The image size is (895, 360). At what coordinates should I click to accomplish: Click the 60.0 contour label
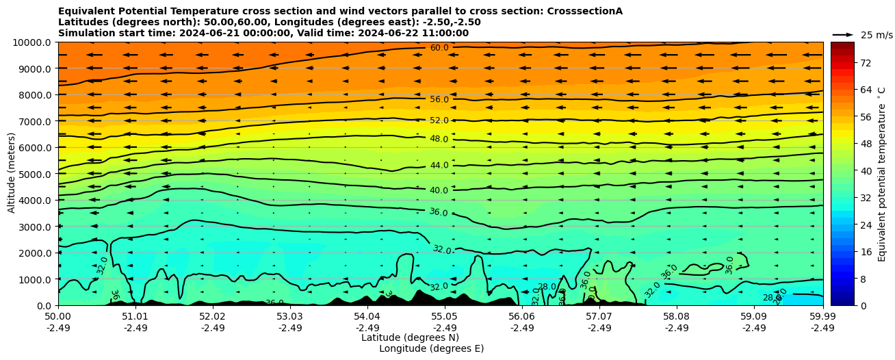pos(439,48)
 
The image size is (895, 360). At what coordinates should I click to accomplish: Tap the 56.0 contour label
pos(439,100)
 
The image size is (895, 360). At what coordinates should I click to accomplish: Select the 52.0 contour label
pos(439,120)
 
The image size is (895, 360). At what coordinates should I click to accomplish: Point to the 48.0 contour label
pos(439,139)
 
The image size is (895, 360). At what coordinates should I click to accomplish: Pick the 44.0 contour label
pos(439,166)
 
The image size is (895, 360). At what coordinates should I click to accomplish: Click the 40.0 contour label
pos(439,190)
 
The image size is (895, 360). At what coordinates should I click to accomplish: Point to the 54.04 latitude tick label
pos(367,317)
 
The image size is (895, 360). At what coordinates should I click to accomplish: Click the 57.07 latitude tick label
pos(599,317)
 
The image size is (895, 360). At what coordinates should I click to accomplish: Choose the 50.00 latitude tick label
pos(58,317)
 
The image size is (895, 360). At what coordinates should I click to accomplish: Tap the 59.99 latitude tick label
pos(822,317)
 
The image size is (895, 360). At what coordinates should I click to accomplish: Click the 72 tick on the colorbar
pos(866,63)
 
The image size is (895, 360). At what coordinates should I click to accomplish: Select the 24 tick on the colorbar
pos(866,225)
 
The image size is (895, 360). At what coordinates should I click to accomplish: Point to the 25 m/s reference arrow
pos(842,35)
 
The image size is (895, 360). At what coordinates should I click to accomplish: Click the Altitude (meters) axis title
pos(12,174)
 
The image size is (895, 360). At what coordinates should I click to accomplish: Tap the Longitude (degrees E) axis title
pos(431,348)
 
